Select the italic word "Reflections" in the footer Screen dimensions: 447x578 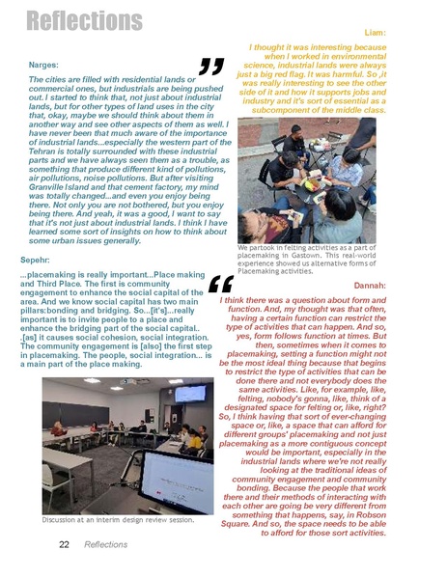click(105, 545)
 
